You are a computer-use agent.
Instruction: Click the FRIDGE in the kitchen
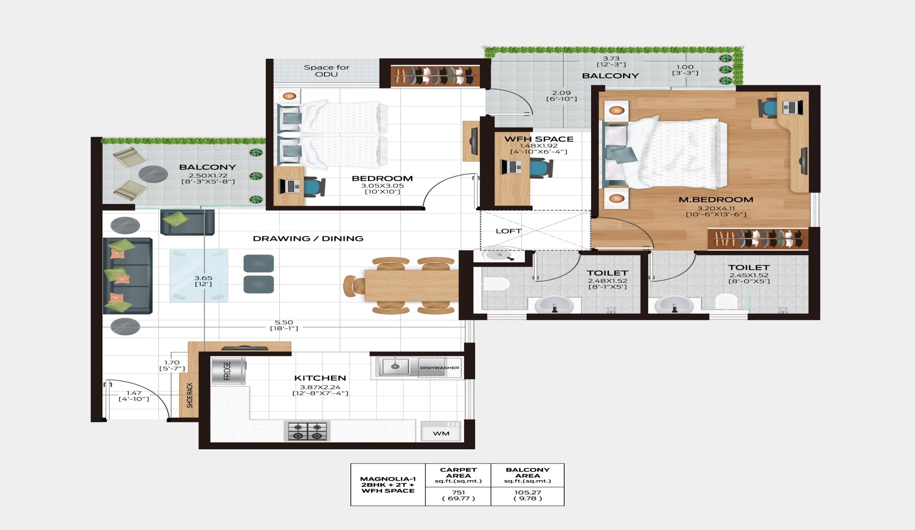(228, 371)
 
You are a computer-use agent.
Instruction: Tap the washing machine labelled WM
(441, 431)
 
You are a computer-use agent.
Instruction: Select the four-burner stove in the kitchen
(307, 431)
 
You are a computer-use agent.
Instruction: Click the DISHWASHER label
(440, 368)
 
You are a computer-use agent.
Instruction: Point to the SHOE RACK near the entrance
(189, 395)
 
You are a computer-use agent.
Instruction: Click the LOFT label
(509, 231)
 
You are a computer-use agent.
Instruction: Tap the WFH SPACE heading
(539, 139)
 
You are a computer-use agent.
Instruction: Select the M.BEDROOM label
(716, 200)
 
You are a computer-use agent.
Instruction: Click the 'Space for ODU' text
(326, 71)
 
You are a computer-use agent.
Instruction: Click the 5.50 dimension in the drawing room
(284, 322)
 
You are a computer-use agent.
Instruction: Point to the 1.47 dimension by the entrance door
(134, 393)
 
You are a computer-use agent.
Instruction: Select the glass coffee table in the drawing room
(199, 276)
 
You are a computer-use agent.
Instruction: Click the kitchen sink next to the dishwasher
(395, 367)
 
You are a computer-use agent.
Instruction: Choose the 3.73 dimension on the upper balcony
(611, 58)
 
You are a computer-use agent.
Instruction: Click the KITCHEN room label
(320, 378)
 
